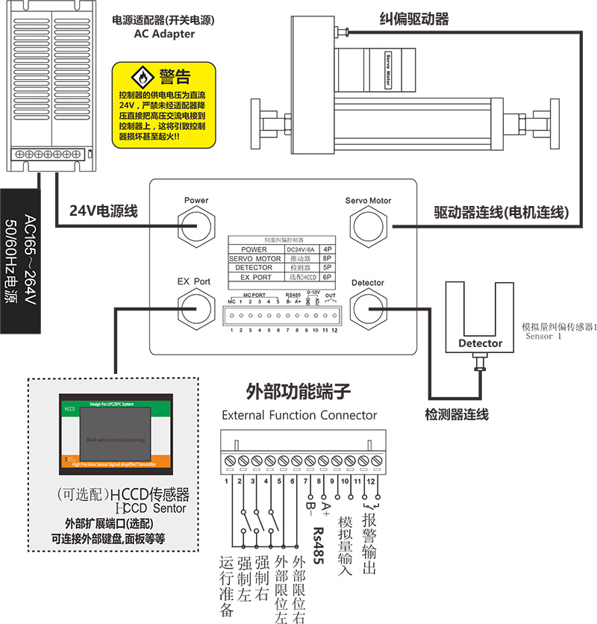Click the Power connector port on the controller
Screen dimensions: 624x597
click(196, 224)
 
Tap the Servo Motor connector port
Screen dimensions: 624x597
click(368, 224)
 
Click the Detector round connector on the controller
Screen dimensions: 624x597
click(368, 306)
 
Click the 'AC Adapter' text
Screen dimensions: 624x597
click(164, 34)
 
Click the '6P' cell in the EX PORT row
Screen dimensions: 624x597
click(327, 276)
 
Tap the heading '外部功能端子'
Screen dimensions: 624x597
click(298, 392)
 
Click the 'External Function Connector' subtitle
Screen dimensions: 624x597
click(299, 415)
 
